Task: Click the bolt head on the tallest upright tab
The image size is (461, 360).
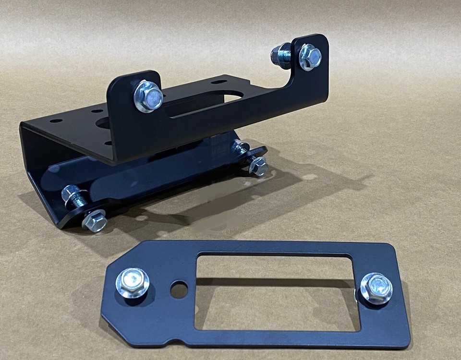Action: point(310,57)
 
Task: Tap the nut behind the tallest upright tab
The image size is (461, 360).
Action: point(280,55)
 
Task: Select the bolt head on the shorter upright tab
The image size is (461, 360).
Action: point(148,96)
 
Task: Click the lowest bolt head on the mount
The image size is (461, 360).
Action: point(94,221)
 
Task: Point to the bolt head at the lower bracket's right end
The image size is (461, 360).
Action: point(258,167)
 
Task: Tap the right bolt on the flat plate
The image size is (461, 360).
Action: point(376,288)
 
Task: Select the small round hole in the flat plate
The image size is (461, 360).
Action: point(179,289)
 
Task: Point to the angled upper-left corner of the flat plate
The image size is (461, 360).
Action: point(122,254)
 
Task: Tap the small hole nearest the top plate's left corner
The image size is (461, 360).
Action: point(56,121)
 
